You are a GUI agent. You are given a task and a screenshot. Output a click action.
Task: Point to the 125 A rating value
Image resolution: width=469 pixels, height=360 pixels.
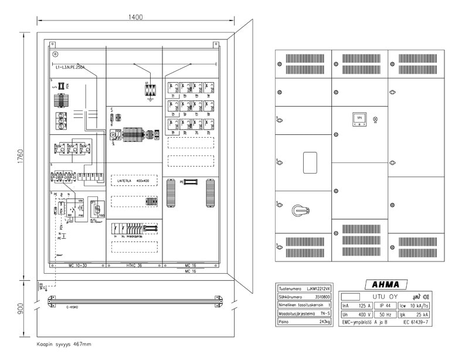tap(357, 305)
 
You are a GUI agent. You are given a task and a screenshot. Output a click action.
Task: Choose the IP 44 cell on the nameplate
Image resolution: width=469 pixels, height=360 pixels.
tap(385, 305)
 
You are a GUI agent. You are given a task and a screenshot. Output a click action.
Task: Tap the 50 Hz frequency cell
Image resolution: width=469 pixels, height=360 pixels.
tap(385, 314)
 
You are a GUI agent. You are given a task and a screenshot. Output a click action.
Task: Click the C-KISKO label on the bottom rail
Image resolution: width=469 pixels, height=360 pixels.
tap(73, 307)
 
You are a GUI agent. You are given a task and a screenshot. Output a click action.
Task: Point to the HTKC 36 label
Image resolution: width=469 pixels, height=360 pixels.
tap(134, 265)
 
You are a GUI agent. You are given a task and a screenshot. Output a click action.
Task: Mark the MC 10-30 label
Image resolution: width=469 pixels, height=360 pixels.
tap(77, 265)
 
